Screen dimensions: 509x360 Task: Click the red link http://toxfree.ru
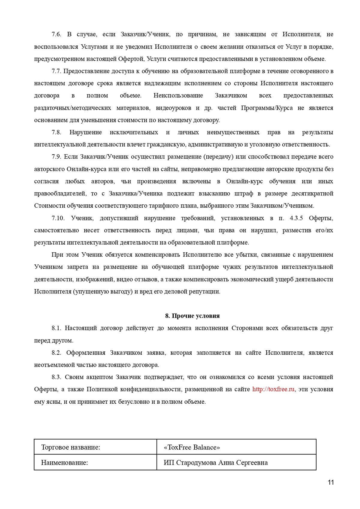click(273, 389)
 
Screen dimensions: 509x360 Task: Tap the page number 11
click(331, 483)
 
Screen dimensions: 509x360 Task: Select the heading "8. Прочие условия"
click(192, 316)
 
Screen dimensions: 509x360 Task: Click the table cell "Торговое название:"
click(70, 447)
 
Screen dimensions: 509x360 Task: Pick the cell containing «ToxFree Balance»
click(192, 447)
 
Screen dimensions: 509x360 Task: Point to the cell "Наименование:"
click(64, 462)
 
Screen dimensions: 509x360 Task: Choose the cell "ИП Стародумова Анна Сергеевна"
click(216, 462)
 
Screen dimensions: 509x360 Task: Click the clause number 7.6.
click(56, 34)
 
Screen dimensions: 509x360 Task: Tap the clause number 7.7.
click(56, 71)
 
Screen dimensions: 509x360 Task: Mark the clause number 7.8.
click(56, 132)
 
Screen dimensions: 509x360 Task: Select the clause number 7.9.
click(56, 157)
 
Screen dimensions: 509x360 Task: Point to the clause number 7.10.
click(58, 218)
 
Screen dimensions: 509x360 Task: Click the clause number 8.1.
click(56, 328)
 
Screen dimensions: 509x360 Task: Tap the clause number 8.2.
click(56, 353)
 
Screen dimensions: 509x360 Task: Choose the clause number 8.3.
click(56, 377)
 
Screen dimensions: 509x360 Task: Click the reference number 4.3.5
click(296, 218)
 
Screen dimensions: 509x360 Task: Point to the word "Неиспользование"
click(178, 95)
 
